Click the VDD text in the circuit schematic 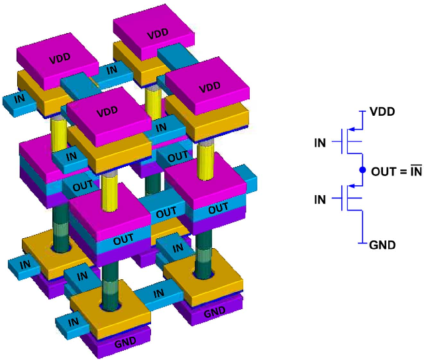pos(382,112)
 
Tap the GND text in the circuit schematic pos(382,245)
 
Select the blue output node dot pos(362,170)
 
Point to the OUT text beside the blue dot pos(384,171)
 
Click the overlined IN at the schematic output pos(415,171)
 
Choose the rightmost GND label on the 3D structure pos(213,312)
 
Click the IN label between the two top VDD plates pos(112,68)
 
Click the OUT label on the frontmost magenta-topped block pos(123,239)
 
